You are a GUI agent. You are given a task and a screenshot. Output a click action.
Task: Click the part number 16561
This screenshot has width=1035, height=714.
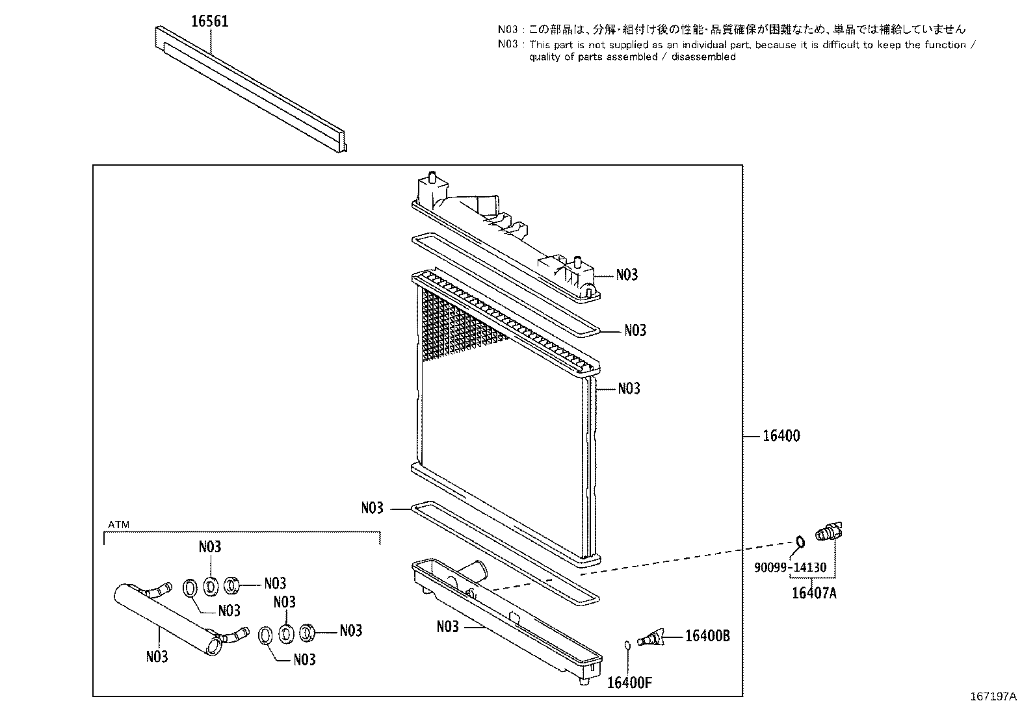pyautogui.click(x=210, y=21)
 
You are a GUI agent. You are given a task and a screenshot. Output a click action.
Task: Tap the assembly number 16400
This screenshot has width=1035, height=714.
pyautogui.click(x=781, y=436)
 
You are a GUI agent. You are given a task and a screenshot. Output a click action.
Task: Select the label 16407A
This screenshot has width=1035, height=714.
pyautogui.click(x=814, y=593)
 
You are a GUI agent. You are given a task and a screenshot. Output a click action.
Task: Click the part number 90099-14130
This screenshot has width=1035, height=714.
pyautogui.click(x=790, y=567)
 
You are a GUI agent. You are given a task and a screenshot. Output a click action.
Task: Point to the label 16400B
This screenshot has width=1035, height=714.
pyautogui.click(x=707, y=636)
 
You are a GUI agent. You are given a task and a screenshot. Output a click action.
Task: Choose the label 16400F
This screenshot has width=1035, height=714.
pyautogui.click(x=629, y=683)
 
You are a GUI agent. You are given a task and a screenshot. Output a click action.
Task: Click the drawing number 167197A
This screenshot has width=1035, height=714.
pyautogui.click(x=993, y=696)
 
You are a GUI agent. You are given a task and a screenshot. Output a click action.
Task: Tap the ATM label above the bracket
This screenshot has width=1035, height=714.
pyautogui.click(x=119, y=525)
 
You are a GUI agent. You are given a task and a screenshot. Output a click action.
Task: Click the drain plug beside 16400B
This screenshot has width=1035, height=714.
pyautogui.click(x=651, y=638)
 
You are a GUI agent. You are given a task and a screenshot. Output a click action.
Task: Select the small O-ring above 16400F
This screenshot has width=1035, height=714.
pyautogui.click(x=627, y=645)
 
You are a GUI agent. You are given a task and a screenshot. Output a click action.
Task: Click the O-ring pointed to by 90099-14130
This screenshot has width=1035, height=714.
pyautogui.click(x=800, y=542)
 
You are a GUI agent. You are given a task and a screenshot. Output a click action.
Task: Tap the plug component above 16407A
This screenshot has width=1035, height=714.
pyautogui.click(x=829, y=532)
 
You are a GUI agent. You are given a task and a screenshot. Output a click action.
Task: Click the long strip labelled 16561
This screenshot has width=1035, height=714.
pyautogui.click(x=250, y=88)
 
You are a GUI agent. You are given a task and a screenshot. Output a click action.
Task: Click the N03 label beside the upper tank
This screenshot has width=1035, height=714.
pyautogui.click(x=627, y=275)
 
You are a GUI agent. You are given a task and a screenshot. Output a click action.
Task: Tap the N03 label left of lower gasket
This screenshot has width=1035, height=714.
pyautogui.click(x=373, y=508)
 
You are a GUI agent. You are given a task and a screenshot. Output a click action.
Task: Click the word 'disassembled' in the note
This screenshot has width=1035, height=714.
pyautogui.click(x=703, y=57)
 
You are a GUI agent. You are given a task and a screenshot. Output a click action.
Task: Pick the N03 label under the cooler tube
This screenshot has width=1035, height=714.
pyautogui.click(x=157, y=657)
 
